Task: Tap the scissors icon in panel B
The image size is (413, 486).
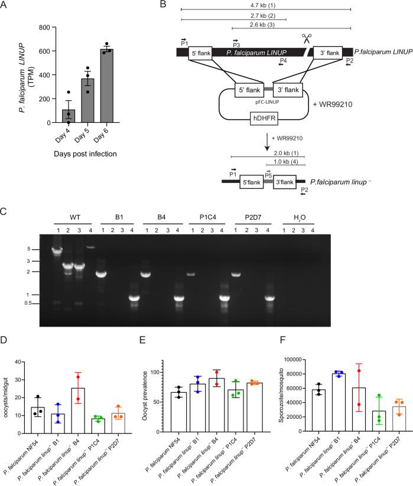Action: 307,39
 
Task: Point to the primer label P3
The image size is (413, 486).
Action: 236,45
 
